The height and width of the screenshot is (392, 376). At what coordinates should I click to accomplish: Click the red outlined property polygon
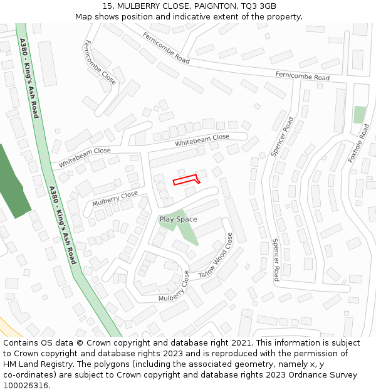[186, 179]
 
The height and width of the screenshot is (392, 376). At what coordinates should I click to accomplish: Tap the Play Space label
[178, 220]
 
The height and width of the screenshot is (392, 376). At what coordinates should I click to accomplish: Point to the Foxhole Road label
[359, 144]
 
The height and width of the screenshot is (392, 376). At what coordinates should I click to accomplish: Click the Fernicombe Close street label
[100, 62]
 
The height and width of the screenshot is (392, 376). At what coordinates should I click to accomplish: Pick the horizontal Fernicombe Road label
[302, 76]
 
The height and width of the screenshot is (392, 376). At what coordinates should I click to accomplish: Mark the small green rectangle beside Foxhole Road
[360, 115]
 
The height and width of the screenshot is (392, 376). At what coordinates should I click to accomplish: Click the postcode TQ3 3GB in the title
[259, 6]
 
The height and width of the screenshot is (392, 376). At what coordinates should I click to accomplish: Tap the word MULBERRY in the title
[138, 6]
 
